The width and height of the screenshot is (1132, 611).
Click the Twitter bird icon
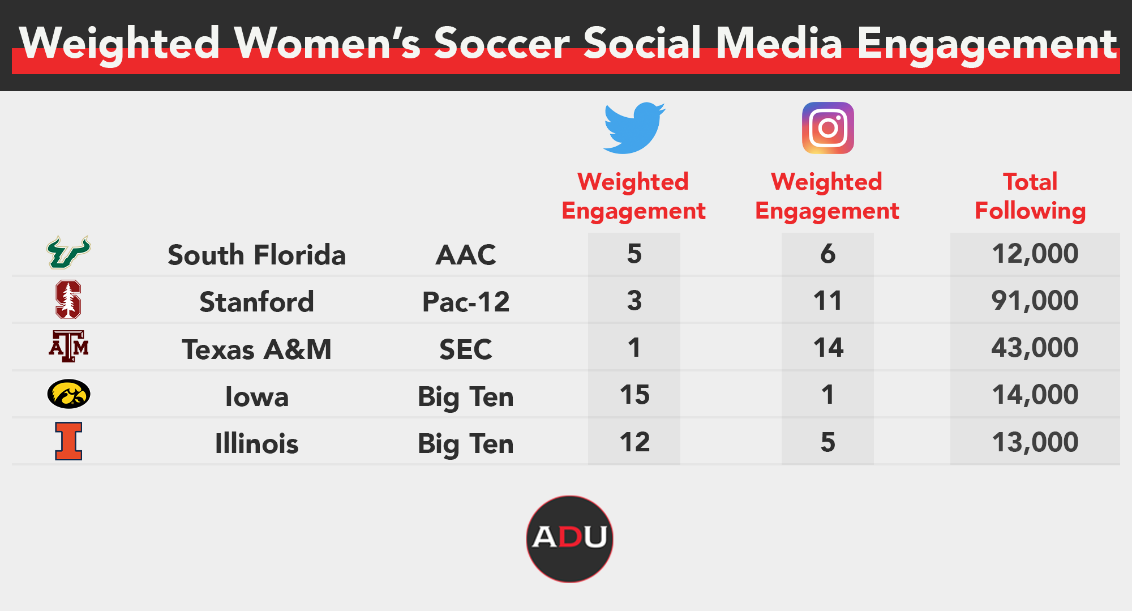click(x=634, y=128)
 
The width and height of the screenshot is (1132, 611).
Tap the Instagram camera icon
click(x=828, y=128)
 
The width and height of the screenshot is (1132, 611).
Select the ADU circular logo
click(x=569, y=539)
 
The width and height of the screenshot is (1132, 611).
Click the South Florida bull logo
click(x=68, y=252)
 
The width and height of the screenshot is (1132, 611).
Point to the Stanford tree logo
click(x=68, y=299)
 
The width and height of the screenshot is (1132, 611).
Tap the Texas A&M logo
click(x=68, y=346)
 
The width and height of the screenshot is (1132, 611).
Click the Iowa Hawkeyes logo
click(x=68, y=394)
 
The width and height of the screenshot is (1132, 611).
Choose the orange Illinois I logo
click(x=68, y=441)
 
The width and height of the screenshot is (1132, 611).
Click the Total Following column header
click(x=1030, y=196)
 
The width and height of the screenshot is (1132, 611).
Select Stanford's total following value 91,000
click(x=1035, y=300)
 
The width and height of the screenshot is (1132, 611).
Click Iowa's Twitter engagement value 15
click(x=634, y=394)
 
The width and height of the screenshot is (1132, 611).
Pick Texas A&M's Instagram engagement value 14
click(x=828, y=347)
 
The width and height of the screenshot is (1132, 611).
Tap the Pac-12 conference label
click(x=466, y=302)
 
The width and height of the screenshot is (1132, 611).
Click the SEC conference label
click(x=466, y=349)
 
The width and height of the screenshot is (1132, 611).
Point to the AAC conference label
click(x=466, y=255)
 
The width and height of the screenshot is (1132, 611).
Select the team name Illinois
click(x=256, y=443)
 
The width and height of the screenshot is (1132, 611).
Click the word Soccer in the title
click(x=502, y=43)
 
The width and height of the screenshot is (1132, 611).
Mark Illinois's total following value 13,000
click(x=1035, y=442)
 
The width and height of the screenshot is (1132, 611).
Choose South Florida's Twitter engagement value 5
click(x=634, y=253)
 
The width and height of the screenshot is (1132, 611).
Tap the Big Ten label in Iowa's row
click(x=466, y=396)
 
